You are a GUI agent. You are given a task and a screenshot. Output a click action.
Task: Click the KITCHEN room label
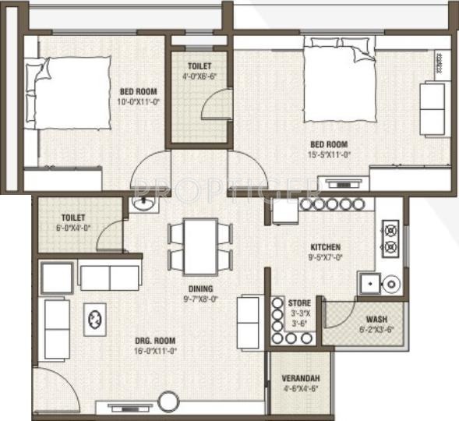point(323,247)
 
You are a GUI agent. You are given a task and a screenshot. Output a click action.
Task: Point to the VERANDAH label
point(300,379)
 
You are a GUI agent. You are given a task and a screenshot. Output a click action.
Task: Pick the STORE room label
point(300,302)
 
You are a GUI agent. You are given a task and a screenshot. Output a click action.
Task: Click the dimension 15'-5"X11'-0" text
point(328,155)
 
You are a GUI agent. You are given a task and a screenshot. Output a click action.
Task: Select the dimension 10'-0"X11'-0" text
point(139,102)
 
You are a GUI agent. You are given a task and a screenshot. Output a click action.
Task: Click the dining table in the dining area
point(200,244)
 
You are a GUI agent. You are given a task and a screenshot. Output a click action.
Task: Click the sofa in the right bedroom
point(433,108)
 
